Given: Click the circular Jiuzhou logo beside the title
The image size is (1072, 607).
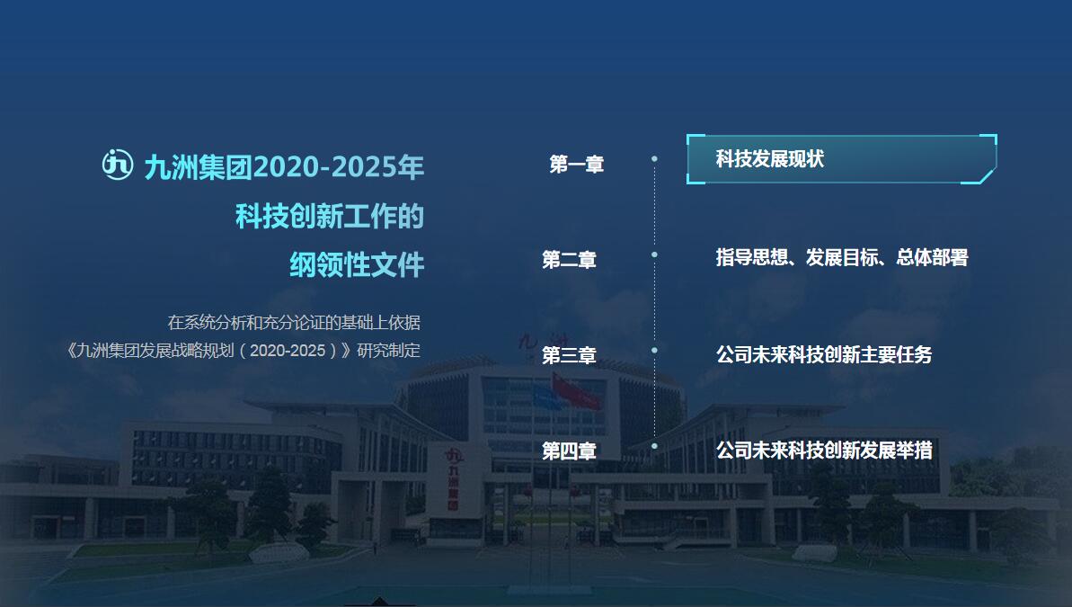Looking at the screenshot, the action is [x=118, y=165].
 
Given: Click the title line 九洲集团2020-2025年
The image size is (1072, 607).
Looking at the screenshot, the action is [x=284, y=167].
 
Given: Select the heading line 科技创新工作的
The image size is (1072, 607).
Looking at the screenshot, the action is [x=330, y=216].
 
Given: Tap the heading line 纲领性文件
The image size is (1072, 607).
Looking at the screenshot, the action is [x=357, y=265].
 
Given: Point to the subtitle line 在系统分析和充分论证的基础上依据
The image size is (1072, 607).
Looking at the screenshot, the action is [x=294, y=322].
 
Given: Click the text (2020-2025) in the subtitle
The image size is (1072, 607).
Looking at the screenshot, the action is [x=288, y=351].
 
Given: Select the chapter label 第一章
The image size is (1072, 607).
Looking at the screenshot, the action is [x=576, y=165].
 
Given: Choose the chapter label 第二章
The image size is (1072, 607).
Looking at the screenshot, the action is [x=569, y=260].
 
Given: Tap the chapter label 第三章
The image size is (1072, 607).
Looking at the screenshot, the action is [x=569, y=355].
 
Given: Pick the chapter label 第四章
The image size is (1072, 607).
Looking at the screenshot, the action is [x=569, y=451].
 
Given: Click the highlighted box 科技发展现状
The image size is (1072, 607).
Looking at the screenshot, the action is [x=842, y=159].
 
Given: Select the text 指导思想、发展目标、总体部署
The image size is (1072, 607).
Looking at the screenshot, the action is [x=842, y=257].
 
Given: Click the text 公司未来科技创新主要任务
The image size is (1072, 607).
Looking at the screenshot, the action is [x=824, y=354].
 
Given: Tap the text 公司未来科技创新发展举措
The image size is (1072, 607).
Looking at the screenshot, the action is [x=824, y=451].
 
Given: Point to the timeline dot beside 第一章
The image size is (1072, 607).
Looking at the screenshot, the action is [x=654, y=159].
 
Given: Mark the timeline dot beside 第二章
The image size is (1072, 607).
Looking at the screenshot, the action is [x=654, y=254].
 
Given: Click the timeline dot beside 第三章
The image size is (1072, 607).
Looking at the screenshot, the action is [x=654, y=351].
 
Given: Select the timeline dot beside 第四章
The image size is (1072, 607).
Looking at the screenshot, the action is [x=654, y=446].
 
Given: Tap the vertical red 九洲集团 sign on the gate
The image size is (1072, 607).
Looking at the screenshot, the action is [x=453, y=479].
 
